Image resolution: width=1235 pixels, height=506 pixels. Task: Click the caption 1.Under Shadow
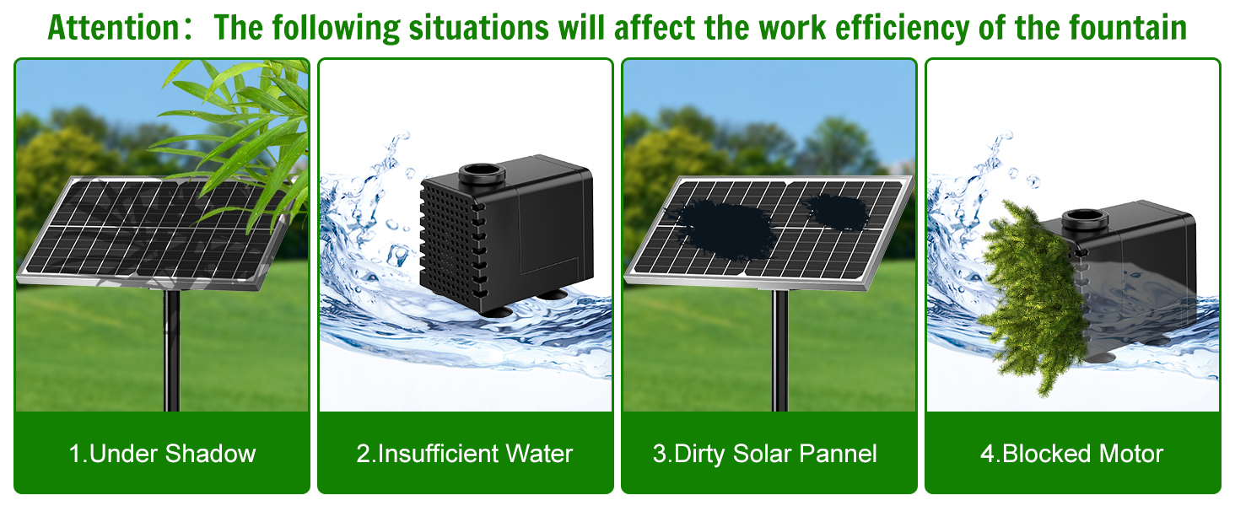click(x=162, y=454)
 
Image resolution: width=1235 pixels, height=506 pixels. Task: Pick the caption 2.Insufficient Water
click(x=465, y=454)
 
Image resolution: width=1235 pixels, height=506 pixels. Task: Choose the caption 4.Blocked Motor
click(x=1071, y=454)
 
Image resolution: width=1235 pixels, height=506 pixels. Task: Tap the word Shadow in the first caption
click(x=210, y=454)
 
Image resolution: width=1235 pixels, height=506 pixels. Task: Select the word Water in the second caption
click(x=538, y=454)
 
